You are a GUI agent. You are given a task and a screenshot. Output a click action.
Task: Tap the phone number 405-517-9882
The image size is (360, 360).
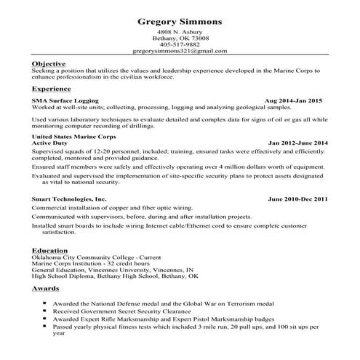[x=180, y=45]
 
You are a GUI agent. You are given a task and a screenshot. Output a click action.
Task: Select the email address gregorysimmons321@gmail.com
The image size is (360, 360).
[x=180, y=52]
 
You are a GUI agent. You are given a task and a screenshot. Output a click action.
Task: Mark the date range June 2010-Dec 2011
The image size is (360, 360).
[x=298, y=199]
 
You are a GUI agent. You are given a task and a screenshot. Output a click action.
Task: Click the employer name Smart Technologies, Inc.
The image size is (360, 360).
[x=69, y=199]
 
